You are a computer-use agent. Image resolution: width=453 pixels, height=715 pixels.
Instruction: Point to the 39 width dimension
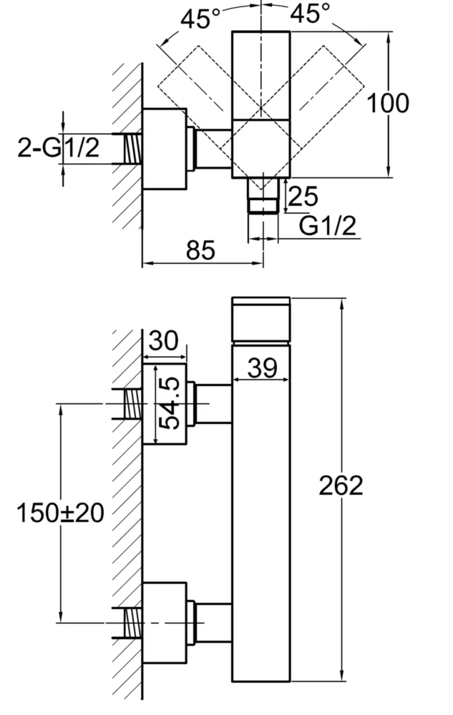click(262, 369)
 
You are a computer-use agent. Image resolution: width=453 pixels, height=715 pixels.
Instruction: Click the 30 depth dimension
click(164, 342)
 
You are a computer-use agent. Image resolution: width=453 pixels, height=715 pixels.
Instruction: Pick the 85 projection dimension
click(201, 250)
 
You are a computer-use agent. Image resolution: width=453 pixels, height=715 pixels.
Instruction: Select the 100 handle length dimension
click(388, 103)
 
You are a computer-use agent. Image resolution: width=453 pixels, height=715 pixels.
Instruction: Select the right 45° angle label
click(310, 14)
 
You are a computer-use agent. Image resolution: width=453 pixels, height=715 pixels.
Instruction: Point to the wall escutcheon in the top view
click(165, 149)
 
